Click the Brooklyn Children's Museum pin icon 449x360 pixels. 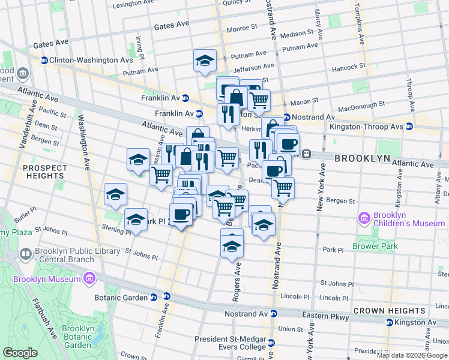[x=363, y=217]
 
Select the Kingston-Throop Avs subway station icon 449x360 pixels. [x=409, y=127]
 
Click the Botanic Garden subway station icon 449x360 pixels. [x=154, y=297]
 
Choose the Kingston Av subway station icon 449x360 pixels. [x=390, y=322]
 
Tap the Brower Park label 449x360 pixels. [x=375, y=246]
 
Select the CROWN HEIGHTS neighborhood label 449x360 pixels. [x=390, y=310]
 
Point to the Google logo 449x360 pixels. [x=20, y=353]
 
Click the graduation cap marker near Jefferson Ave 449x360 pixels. [x=205, y=61]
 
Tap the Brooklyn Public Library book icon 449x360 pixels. [x=27, y=255]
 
